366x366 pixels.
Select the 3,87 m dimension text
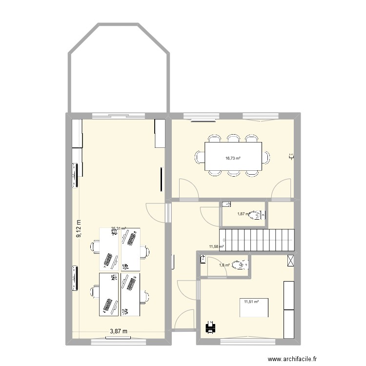click(x=118, y=331)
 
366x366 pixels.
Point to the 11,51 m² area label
click(x=251, y=302)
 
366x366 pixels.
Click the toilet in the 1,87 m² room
click(x=255, y=213)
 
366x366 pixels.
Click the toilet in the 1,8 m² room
click(x=239, y=265)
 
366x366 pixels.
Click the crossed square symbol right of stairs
click(x=291, y=260)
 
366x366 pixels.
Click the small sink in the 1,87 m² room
click(x=226, y=204)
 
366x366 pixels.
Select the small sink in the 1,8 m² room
click(x=203, y=260)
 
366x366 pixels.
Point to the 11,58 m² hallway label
click(x=216, y=247)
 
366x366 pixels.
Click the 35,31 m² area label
click(x=119, y=228)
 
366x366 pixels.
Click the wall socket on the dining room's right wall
click(x=291, y=157)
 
